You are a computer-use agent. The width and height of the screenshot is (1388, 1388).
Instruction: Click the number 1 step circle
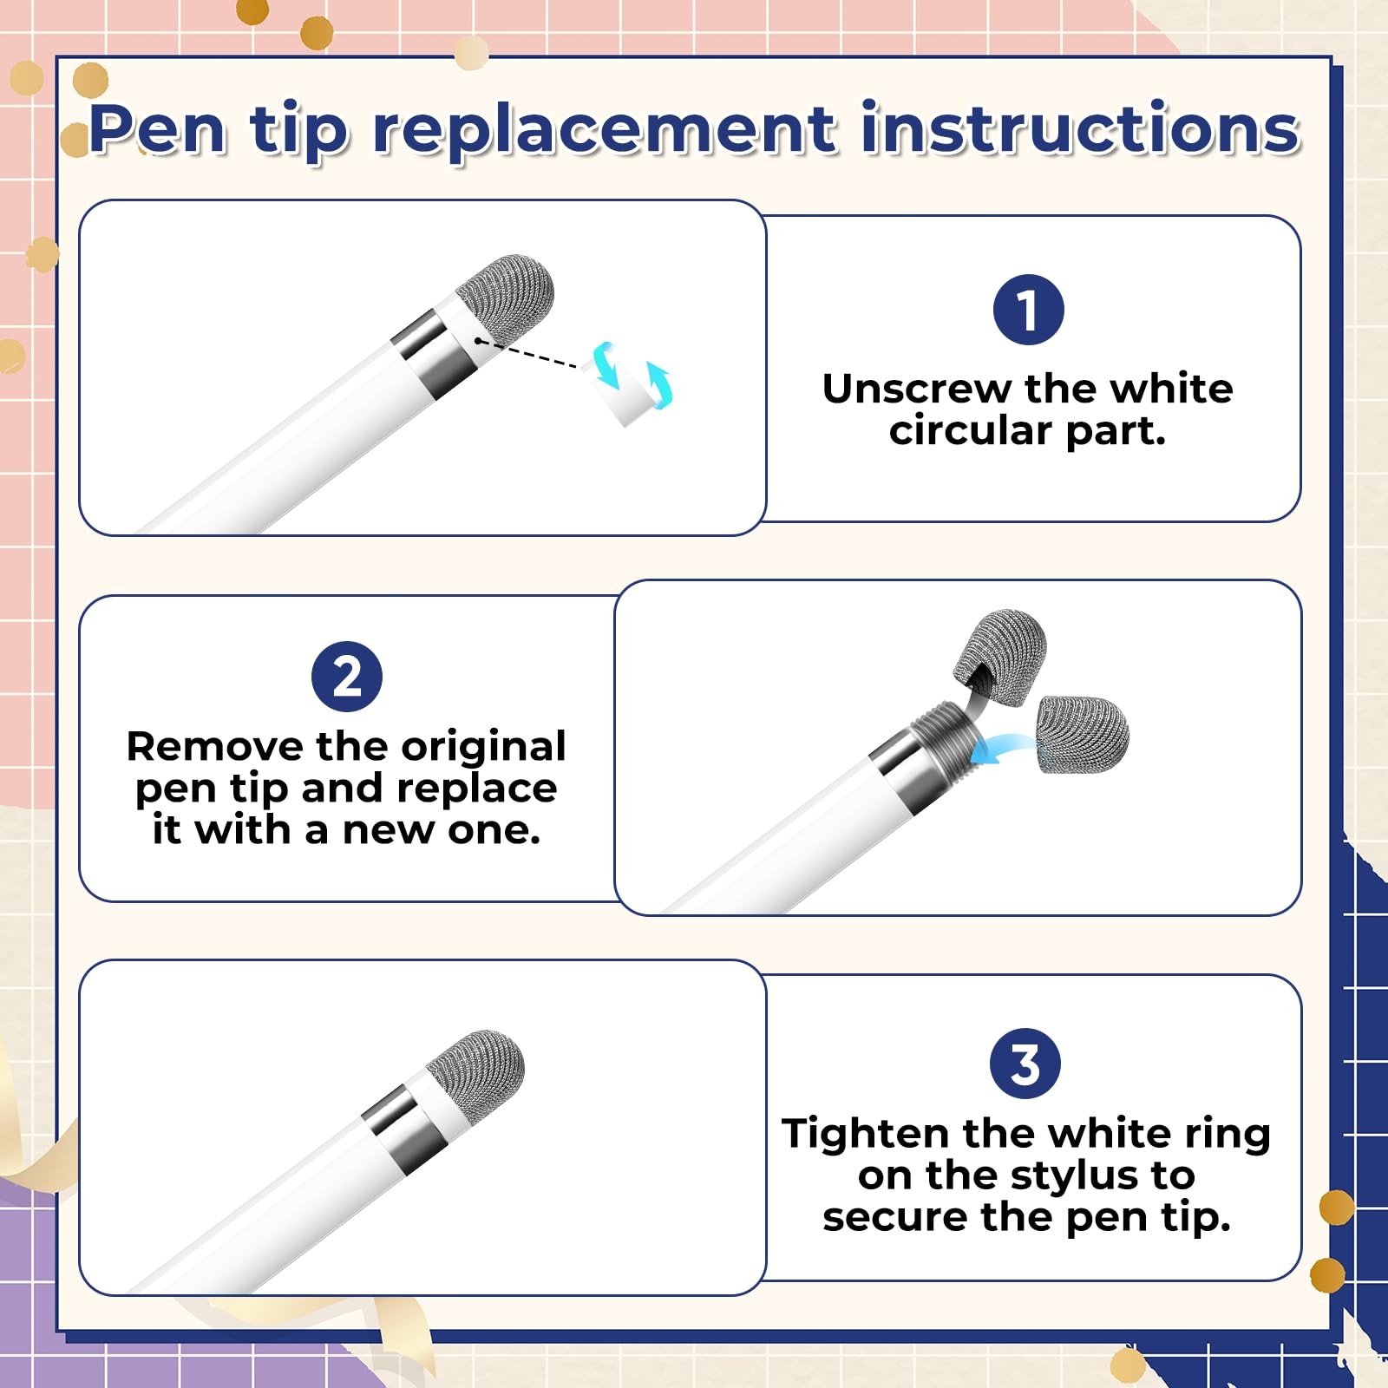click(x=1028, y=310)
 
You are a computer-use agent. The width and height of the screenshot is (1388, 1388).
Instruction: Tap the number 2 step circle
click(x=347, y=676)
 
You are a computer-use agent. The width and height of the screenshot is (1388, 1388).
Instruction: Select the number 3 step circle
click(x=1025, y=1064)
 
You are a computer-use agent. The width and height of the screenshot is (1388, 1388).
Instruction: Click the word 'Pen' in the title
click(x=158, y=130)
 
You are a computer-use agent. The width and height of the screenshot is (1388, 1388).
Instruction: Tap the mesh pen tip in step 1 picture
click(x=506, y=299)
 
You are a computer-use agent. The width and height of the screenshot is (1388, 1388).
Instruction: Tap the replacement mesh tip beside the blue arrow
click(x=1084, y=734)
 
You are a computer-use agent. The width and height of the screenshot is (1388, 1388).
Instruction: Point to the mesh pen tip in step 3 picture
click(x=476, y=1075)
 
